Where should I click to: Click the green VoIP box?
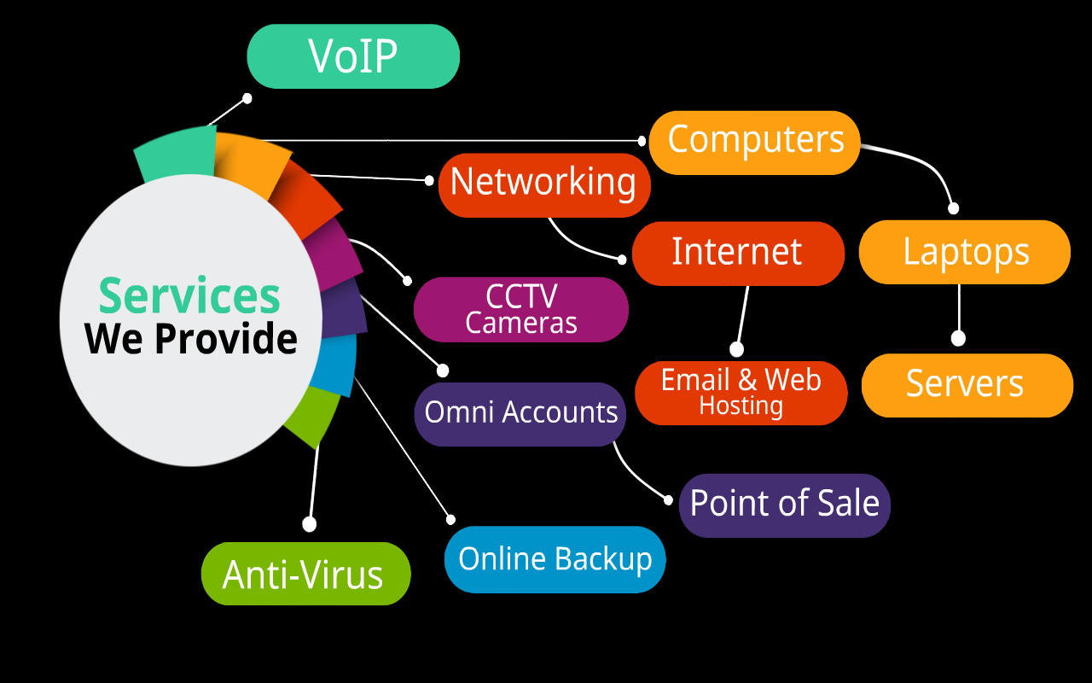(353, 56)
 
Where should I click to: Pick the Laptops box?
(965, 253)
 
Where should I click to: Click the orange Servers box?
(966, 385)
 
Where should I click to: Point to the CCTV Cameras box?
(521, 309)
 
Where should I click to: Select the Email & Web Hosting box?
(741, 393)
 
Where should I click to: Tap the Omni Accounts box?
(520, 413)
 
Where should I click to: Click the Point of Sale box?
(784, 505)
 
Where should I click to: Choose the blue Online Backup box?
(555, 560)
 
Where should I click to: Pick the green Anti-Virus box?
(305, 574)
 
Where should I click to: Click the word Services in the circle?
(189, 295)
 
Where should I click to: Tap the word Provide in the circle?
(227, 339)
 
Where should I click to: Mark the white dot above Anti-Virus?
(310, 524)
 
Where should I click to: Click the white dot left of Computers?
(642, 139)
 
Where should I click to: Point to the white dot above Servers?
(958, 339)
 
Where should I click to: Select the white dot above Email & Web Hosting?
(737, 349)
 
